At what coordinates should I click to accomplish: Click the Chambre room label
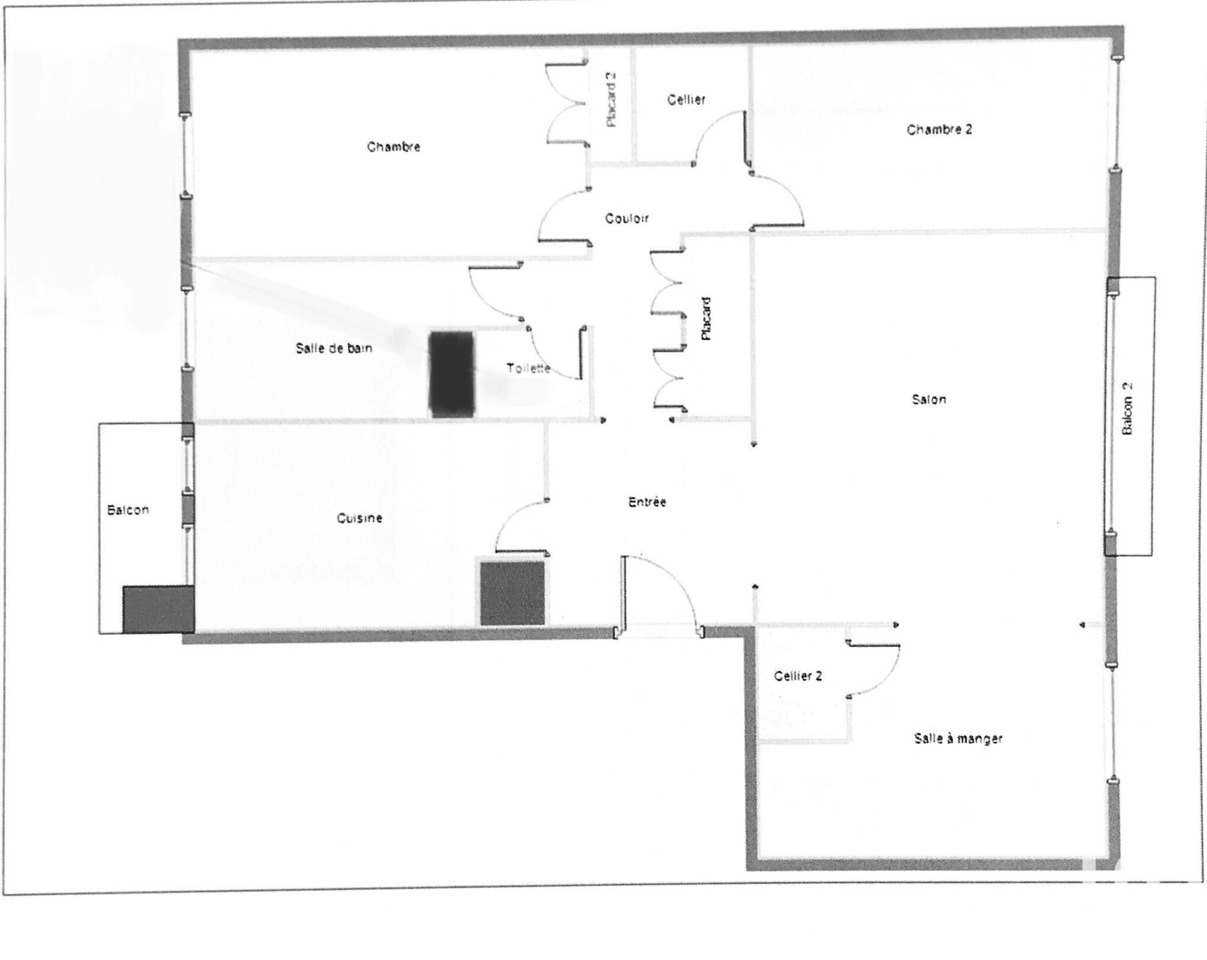[x=394, y=146]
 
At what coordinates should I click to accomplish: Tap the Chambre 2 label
[x=939, y=130]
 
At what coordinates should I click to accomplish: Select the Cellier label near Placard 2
[x=686, y=99]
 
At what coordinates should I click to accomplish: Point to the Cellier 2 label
[x=798, y=676]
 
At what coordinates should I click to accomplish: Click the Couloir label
[x=627, y=218]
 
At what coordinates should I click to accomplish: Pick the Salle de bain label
[x=334, y=348]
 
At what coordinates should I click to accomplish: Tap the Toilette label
[x=529, y=368]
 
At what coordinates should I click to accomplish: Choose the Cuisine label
[x=360, y=518]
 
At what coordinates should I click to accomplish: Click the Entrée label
[x=648, y=502]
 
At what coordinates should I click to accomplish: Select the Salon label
[x=929, y=399]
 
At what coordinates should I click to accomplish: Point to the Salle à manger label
[x=958, y=739]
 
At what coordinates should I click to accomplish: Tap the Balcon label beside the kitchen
[x=128, y=510]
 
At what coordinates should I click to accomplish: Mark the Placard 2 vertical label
[x=611, y=100]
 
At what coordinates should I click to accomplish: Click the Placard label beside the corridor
[x=706, y=319]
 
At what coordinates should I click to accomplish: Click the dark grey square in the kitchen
[x=512, y=593]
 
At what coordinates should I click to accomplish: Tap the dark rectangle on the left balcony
[x=158, y=609]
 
